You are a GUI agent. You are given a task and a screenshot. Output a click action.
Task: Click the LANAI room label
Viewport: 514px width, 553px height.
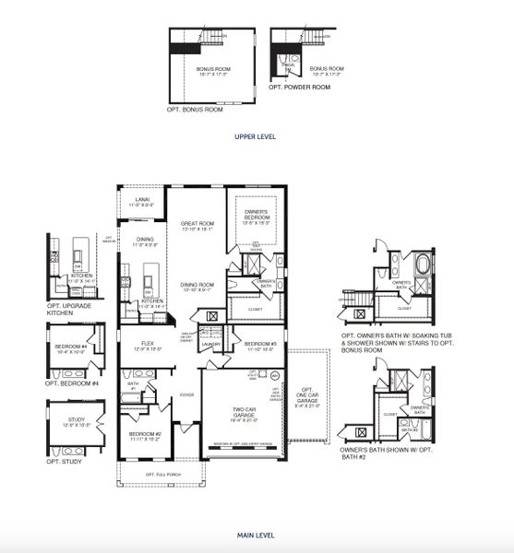(x=142, y=200)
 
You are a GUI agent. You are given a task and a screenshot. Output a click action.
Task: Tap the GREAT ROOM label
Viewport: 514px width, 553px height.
(x=197, y=225)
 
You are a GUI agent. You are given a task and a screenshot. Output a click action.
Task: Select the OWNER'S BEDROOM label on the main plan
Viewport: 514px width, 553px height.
(x=256, y=215)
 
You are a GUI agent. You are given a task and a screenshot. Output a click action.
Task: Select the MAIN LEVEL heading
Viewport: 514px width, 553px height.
(x=256, y=535)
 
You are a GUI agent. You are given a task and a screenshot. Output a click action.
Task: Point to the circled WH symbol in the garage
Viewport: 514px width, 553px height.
(x=273, y=376)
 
